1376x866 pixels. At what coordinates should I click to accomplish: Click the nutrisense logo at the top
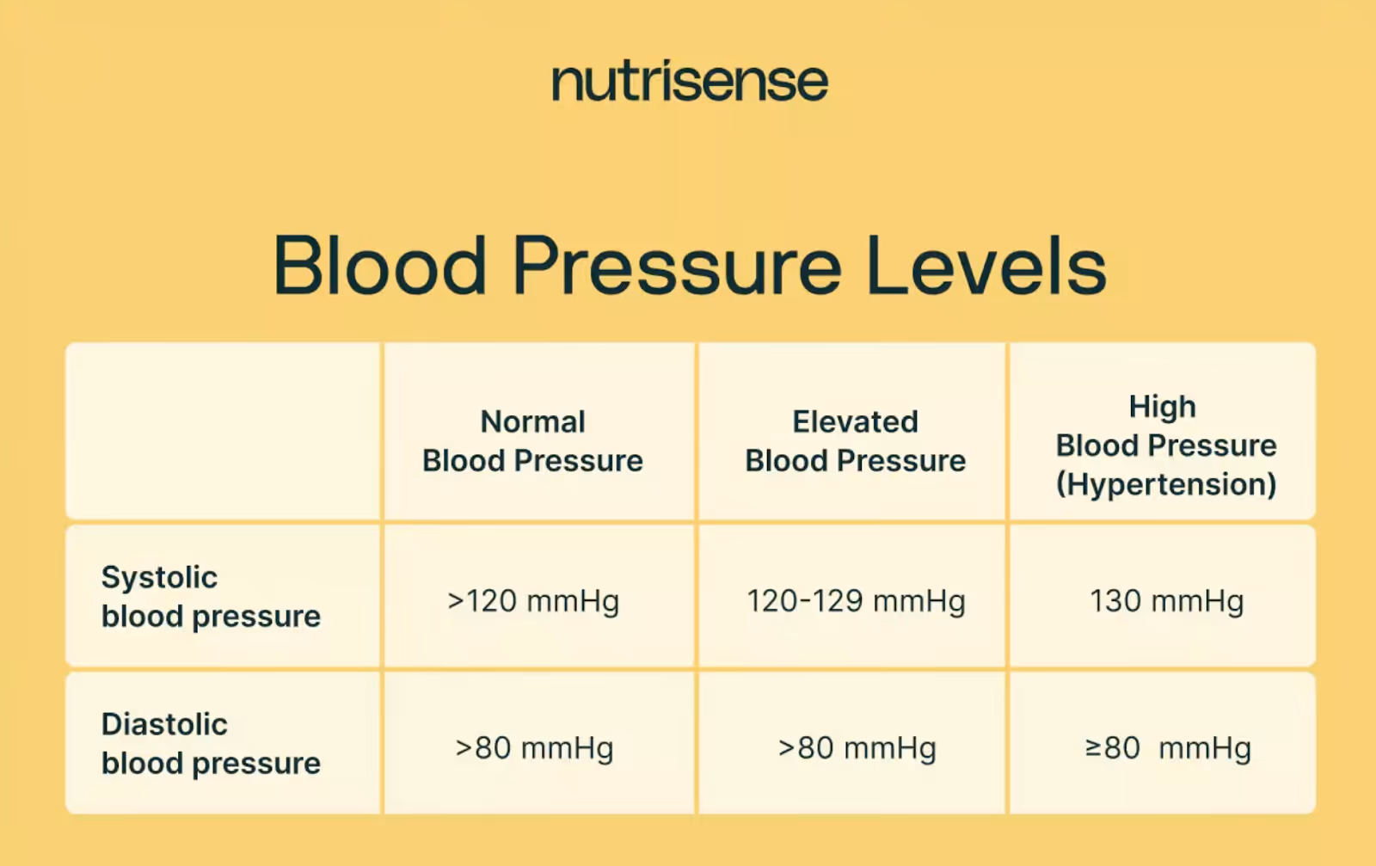(690, 83)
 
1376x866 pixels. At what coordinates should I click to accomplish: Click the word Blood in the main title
(380, 267)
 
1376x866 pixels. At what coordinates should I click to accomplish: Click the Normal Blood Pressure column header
(532, 441)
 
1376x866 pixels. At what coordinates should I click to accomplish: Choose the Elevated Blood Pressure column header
(855, 441)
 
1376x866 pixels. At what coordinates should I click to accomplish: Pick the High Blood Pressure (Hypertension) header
(1165, 445)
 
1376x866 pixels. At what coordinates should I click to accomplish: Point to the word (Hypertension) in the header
(1165, 485)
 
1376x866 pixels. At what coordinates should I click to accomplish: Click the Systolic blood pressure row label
(211, 597)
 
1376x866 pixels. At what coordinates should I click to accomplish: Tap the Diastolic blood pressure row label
(211, 744)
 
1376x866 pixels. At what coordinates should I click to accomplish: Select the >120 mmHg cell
(533, 601)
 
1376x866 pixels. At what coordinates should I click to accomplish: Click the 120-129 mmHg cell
(856, 601)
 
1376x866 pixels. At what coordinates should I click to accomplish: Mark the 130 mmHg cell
(1166, 601)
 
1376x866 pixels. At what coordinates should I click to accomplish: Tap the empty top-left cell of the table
(223, 431)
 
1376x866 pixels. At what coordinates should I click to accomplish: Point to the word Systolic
(159, 577)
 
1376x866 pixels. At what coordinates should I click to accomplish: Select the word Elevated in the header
(855, 421)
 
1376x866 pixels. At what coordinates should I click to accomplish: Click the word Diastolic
(164, 724)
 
